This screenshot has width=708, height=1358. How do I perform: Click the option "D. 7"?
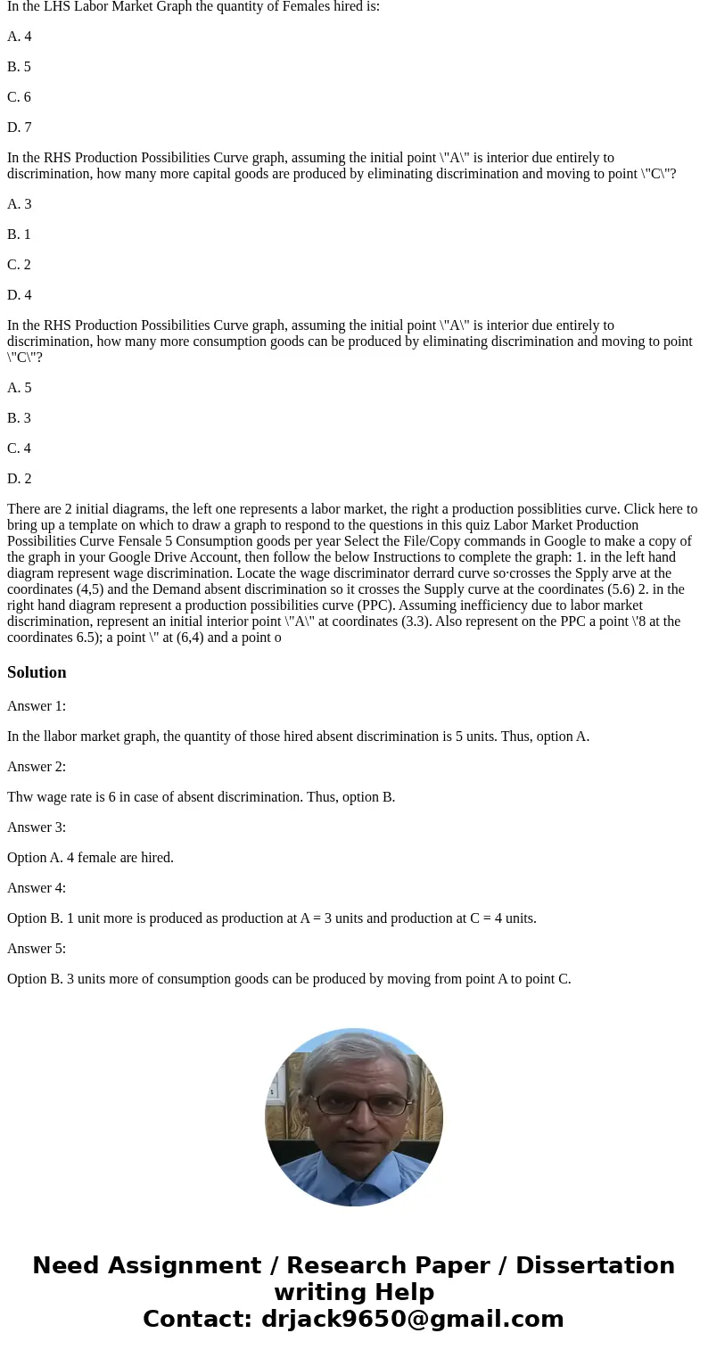(20, 128)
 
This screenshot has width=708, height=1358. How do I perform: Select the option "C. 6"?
(20, 97)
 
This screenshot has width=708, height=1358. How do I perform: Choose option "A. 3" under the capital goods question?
(20, 204)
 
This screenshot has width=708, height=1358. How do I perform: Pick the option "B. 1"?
(20, 235)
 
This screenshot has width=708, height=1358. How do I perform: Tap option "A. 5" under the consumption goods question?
(20, 388)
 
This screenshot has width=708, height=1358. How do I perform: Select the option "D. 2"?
(20, 479)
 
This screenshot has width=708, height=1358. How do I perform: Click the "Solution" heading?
(37, 672)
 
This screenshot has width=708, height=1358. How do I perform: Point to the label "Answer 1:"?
(37, 706)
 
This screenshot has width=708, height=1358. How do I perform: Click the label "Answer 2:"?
(37, 767)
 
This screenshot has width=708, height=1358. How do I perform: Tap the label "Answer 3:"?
(37, 827)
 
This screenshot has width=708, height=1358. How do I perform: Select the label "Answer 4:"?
(37, 888)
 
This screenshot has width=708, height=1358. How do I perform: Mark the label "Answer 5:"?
(37, 949)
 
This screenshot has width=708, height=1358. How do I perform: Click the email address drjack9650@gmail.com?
(412, 1319)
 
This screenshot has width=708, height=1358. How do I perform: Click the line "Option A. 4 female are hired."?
(90, 858)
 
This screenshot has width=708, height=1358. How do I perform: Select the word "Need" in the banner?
(70, 1266)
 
